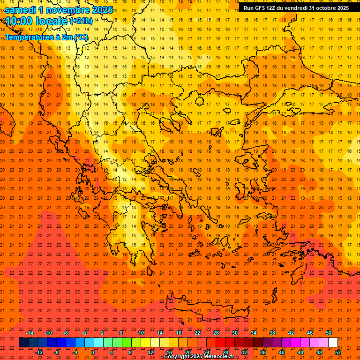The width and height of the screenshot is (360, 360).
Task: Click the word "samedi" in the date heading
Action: (x=21, y=10)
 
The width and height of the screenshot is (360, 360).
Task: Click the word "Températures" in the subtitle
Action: (x=29, y=37)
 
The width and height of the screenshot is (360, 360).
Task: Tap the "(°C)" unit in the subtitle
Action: (x=80, y=37)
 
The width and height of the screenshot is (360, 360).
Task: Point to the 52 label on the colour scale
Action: (x=338, y=352)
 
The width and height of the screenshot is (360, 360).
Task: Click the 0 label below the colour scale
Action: (x=93, y=352)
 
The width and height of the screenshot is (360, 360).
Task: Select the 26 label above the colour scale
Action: (x=216, y=333)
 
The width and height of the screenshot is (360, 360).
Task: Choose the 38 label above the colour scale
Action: (x=272, y=333)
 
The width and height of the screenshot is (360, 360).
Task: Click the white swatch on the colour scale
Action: (x=333, y=343)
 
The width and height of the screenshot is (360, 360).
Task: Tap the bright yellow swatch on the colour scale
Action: (x=145, y=343)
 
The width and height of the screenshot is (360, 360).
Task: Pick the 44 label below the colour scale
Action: (x=300, y=352)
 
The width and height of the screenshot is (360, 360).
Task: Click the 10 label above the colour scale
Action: (x=141, y=333)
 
